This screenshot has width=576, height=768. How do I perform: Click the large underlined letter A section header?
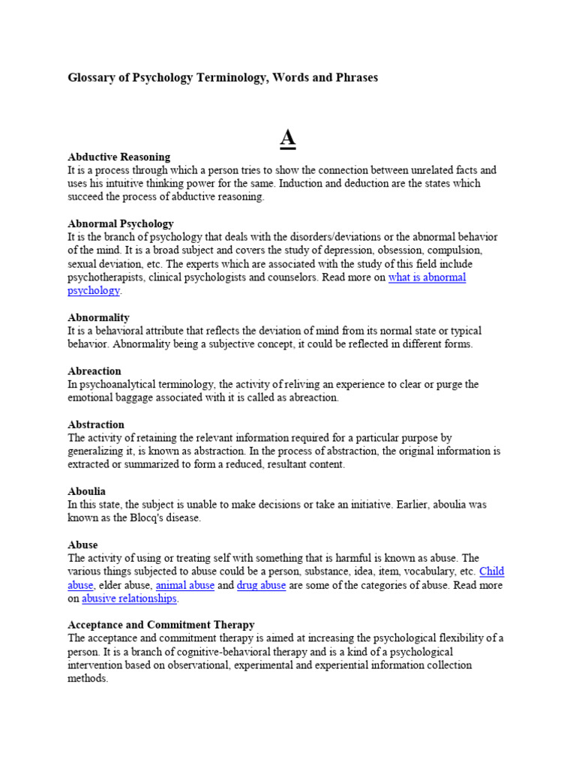(288, 139)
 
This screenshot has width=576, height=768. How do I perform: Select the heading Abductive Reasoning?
(118, 157)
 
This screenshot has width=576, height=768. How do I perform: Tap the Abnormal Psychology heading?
(120, 223)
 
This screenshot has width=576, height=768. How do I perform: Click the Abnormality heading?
(98, 317)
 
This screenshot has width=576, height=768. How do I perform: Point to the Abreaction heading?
(94, 371)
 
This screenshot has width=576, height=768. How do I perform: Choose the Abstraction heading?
(96, 424)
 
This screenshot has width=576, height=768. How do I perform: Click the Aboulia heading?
(86, 491)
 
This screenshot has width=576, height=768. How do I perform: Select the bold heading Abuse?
(82, 544)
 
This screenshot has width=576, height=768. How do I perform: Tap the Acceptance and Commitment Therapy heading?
(160, 625)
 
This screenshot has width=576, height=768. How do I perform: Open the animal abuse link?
(184, 585)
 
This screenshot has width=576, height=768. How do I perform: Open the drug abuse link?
(261, 585)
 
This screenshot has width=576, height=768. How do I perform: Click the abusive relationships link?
(129, 598)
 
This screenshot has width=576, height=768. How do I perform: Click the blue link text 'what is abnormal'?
(427, 277)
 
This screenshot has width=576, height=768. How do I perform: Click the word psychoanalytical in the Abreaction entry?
(119, 385)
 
